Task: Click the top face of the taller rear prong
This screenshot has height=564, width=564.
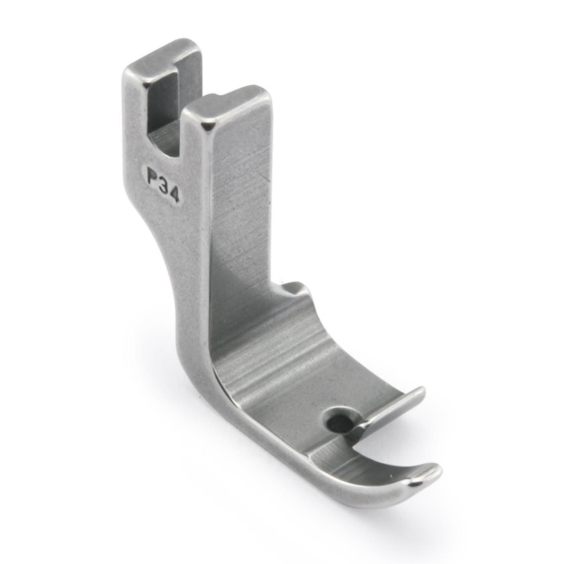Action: pyautogui.click(x=164, y=55)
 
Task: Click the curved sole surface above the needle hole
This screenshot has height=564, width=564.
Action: pyautogui.click(x=298, y=368)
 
